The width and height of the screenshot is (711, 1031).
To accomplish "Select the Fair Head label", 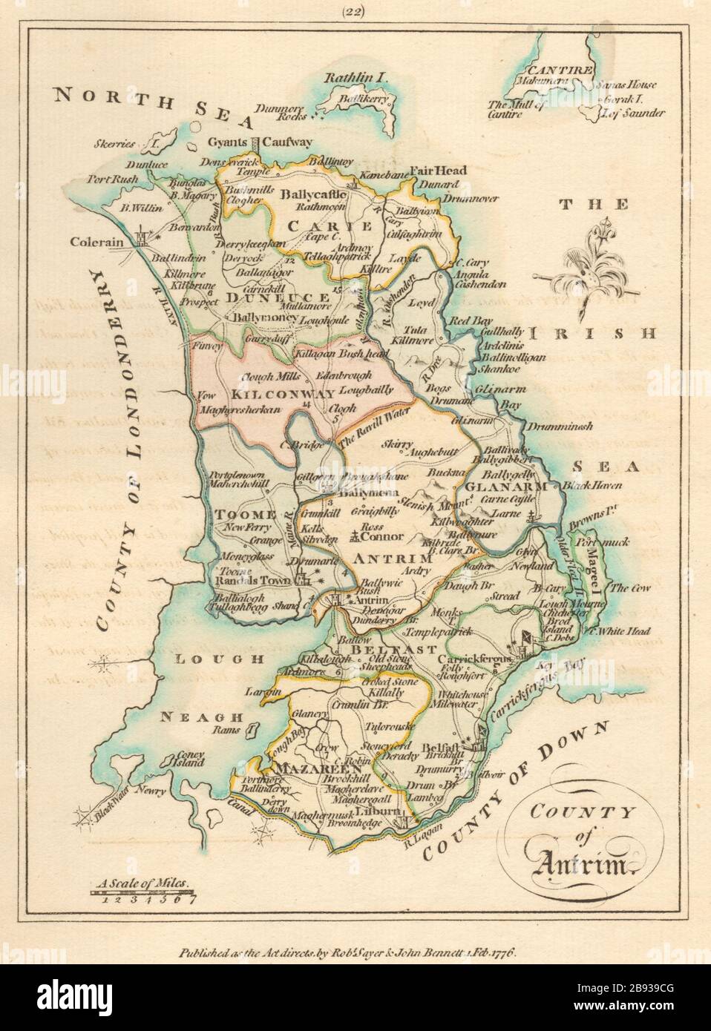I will point(441,171).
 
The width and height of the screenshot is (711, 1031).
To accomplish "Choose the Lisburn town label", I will point(386,812).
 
